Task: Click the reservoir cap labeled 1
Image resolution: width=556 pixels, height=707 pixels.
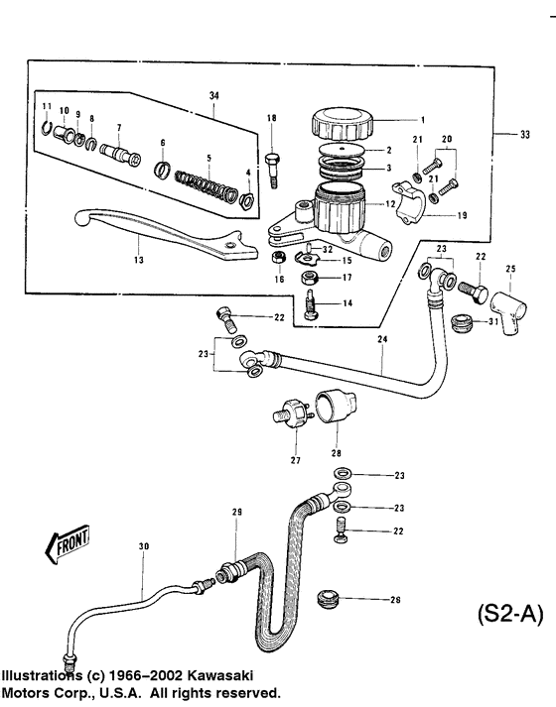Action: pos(341,124)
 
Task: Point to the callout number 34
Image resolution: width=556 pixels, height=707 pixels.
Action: pos(213,94)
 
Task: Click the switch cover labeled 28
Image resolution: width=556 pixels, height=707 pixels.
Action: pos(332,406)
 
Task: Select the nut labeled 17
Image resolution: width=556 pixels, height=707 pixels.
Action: pos(309,277)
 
